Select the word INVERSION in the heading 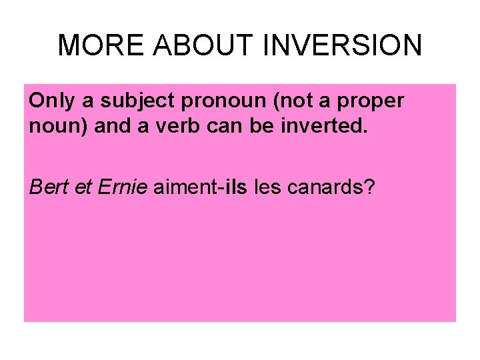click(343, 45)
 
